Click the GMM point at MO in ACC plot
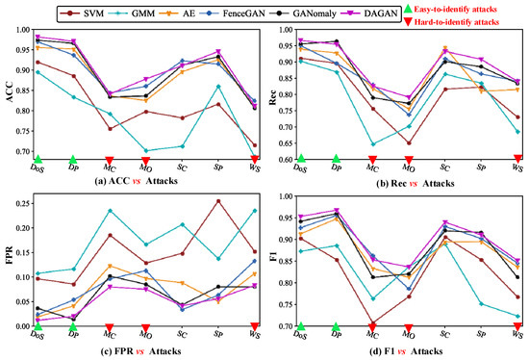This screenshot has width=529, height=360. pyautogui.click(x=146, y=150)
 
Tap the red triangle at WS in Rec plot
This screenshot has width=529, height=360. pyautogui.click(x=518, y=159)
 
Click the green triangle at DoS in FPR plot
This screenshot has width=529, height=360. pyautogui.click(x=38, y=327)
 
